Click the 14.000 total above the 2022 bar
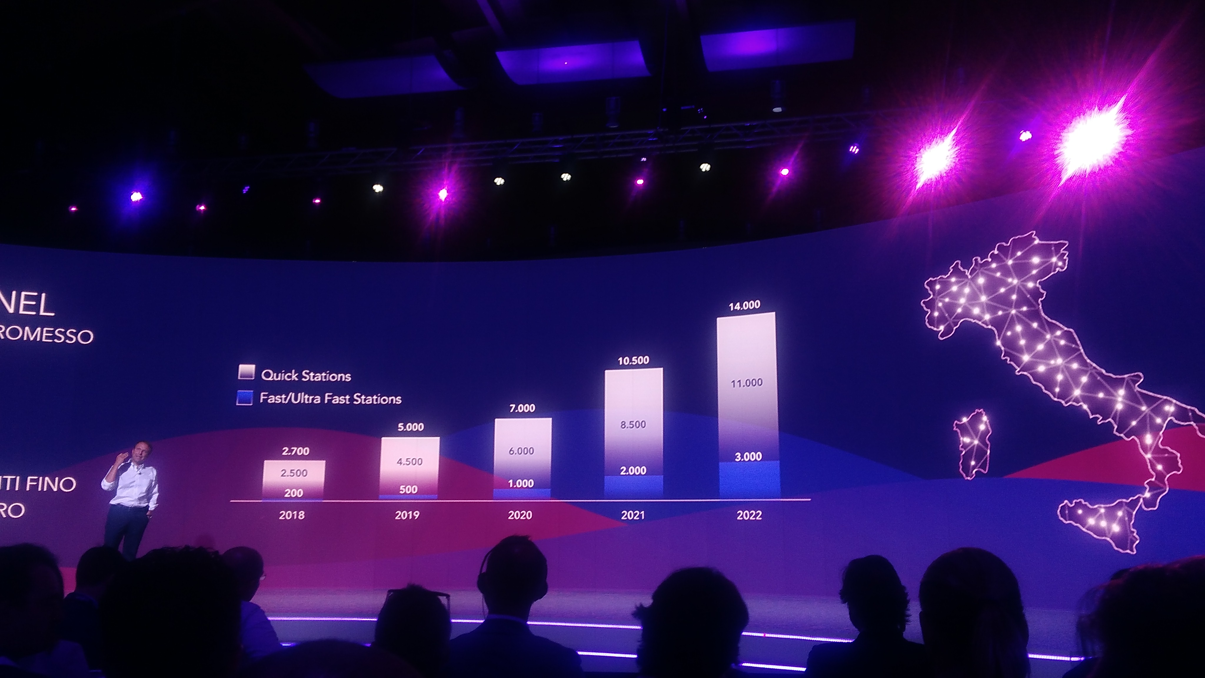pos(744,305)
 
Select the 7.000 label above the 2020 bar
pos(522,408)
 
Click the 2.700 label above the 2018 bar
pos(295,451)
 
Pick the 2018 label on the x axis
pos(292,515)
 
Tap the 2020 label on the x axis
pos(520,515)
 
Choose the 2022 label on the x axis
pos(749,515)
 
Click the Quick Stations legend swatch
pos(246,373)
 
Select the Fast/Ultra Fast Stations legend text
pos(330,399)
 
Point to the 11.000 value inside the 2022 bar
pos(747,383)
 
